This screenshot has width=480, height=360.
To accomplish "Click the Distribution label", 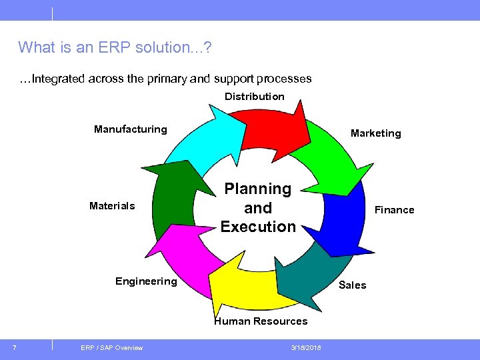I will click(254, 97).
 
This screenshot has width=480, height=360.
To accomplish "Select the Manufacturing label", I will click(131, 129).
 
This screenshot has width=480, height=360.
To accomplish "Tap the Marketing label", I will click(376, 133).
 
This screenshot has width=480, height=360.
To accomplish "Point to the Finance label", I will click(394, 210).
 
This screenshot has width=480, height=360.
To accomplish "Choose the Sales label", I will click(352, 285).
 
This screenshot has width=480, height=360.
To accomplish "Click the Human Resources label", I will click(261, 321).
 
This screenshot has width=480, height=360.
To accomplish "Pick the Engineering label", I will click(146, 281).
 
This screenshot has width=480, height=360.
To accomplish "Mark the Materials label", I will click(112, 206).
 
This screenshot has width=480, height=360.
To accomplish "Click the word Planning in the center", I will click(258, 189).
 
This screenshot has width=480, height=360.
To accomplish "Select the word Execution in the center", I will click(258, 227).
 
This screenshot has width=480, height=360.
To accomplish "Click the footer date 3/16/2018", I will click(306, 348).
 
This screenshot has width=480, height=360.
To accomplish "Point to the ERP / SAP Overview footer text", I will click(111, 348).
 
